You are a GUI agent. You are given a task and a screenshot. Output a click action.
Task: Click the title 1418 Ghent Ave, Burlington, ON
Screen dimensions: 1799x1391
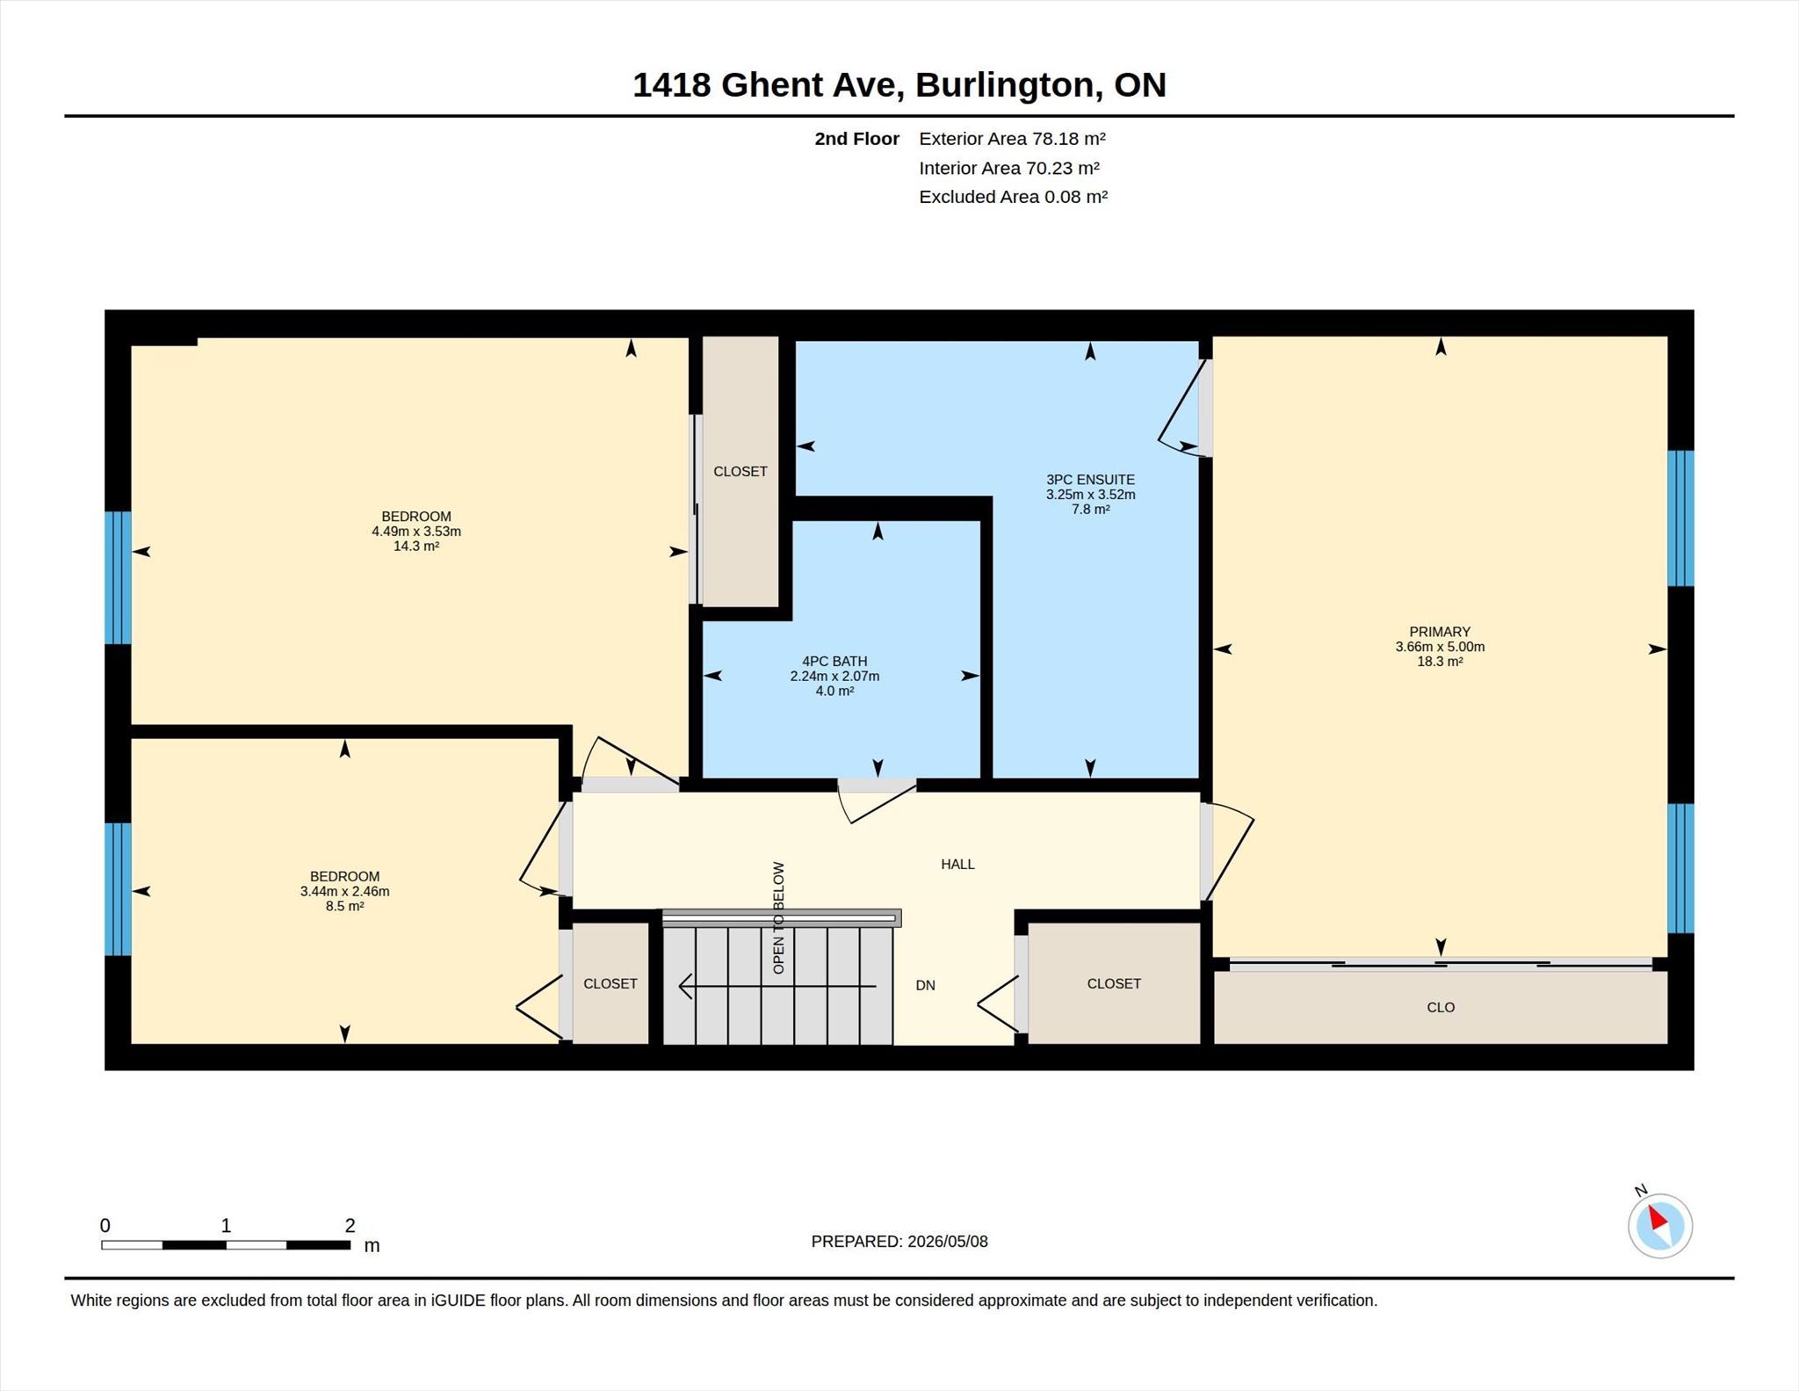click(x=899, y=84)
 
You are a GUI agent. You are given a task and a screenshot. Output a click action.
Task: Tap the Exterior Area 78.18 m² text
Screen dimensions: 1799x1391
click(x=1012, y=139)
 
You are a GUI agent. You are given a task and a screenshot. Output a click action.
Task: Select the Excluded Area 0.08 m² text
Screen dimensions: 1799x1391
click(x=1013, y=197)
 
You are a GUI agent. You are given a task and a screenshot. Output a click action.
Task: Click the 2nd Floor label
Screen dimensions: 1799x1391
click(x=856, y=139)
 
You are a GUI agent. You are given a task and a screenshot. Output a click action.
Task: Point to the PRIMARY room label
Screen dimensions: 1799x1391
click(x=1440, y=632)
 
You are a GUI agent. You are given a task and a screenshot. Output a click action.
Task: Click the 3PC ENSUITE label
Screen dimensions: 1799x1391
click(x=1090, y=480)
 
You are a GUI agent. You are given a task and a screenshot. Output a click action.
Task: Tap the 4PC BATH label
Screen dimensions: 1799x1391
click(x=834, y=662)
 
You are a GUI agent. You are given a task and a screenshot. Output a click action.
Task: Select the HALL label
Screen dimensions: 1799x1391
click(x=957, y=865)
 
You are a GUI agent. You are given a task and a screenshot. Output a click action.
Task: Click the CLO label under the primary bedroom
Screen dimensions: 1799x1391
click(x=1441, y=1008)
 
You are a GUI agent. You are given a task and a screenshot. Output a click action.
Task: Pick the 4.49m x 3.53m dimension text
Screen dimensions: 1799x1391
click(x=416, y=532)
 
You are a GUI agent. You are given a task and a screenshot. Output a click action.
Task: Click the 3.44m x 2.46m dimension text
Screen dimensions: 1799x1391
click(x=344, y=891)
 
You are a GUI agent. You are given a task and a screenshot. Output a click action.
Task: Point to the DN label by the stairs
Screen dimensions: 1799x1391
click(x=925, y=986)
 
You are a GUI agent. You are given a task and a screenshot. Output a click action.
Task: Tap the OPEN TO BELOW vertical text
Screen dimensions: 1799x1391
click(x=778, y=917)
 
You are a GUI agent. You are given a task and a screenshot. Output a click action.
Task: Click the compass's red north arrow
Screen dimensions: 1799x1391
click(x=1658, y=1218)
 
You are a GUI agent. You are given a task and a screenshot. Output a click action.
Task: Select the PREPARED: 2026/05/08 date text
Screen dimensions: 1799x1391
click(x=899, y=1242)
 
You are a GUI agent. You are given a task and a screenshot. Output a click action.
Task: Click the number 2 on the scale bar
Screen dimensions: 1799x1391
click(x=350, y=1225)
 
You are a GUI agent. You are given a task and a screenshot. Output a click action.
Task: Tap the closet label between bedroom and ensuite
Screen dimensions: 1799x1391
click(x=741, y=472)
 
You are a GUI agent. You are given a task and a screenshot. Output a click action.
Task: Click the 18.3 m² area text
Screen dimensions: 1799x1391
click(x=1440, y=662)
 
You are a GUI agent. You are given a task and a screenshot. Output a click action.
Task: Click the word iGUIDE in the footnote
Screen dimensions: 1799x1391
click(x=458, y=1300)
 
